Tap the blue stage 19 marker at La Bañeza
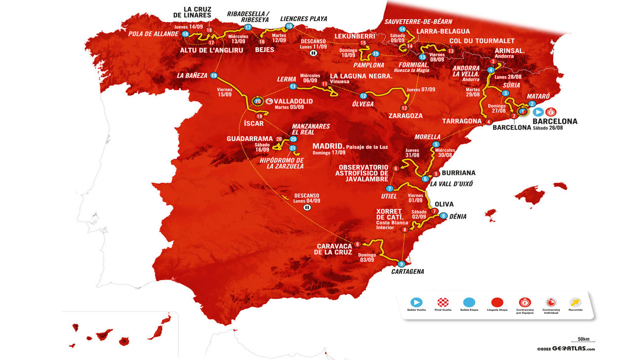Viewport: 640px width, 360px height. click(x=214, y=75)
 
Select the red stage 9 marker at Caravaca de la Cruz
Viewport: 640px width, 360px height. click(x=357, y=243)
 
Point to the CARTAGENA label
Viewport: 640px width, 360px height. click(x=408, y=271)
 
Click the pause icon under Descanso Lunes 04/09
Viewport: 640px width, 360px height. click(x=307, y=207)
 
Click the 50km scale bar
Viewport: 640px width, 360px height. click(x=583, y=340)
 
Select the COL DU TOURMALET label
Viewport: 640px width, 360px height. click(x=481, y=40)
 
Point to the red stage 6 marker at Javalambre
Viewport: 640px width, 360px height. click(x=395, y=168)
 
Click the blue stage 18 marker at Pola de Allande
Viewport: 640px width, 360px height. click(x=185, y=34)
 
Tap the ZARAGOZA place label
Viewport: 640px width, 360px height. click(x=405, y=116)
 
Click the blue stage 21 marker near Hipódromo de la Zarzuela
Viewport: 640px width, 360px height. click(x=292, y=148)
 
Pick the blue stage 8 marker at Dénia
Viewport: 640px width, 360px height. click(x=444, y=216)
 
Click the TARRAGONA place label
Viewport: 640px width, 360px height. click(x=461, y=121)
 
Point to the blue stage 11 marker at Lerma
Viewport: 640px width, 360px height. click(x=293, y=86)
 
